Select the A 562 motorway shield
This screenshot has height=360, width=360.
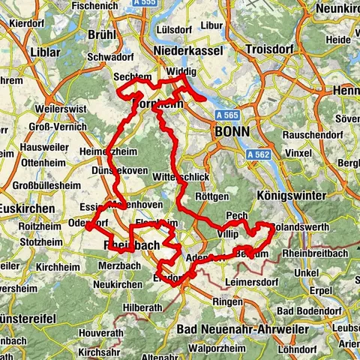pos(257,153)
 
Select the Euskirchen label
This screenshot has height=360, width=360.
pos(22,206)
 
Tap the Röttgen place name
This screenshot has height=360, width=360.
pos(211,196)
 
